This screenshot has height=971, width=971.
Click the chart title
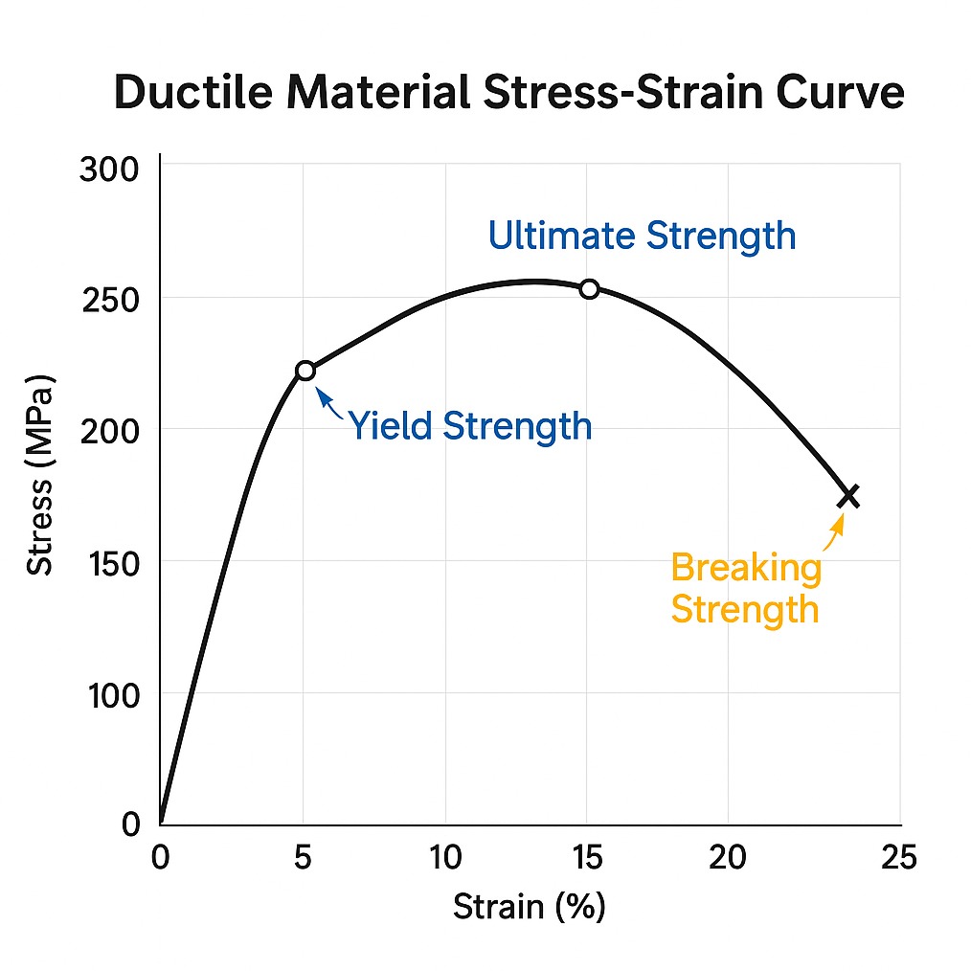pos(508,95)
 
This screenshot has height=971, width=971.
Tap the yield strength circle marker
pos(305,371)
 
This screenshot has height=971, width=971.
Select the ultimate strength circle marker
pos(589,289)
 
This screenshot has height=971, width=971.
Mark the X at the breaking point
pos(848,496)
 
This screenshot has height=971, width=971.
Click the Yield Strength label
pos(469,426)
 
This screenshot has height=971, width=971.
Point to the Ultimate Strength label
pos(642,236)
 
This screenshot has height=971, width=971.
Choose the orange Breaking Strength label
pos(746,588)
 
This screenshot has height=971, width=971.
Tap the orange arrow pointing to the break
pos(834,530)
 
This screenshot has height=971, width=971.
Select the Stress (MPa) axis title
pos(40,475)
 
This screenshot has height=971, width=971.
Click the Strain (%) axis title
pos(529,906)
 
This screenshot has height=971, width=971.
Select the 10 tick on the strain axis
pos(445,858)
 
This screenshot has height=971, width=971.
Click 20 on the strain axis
pos(728,858)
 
